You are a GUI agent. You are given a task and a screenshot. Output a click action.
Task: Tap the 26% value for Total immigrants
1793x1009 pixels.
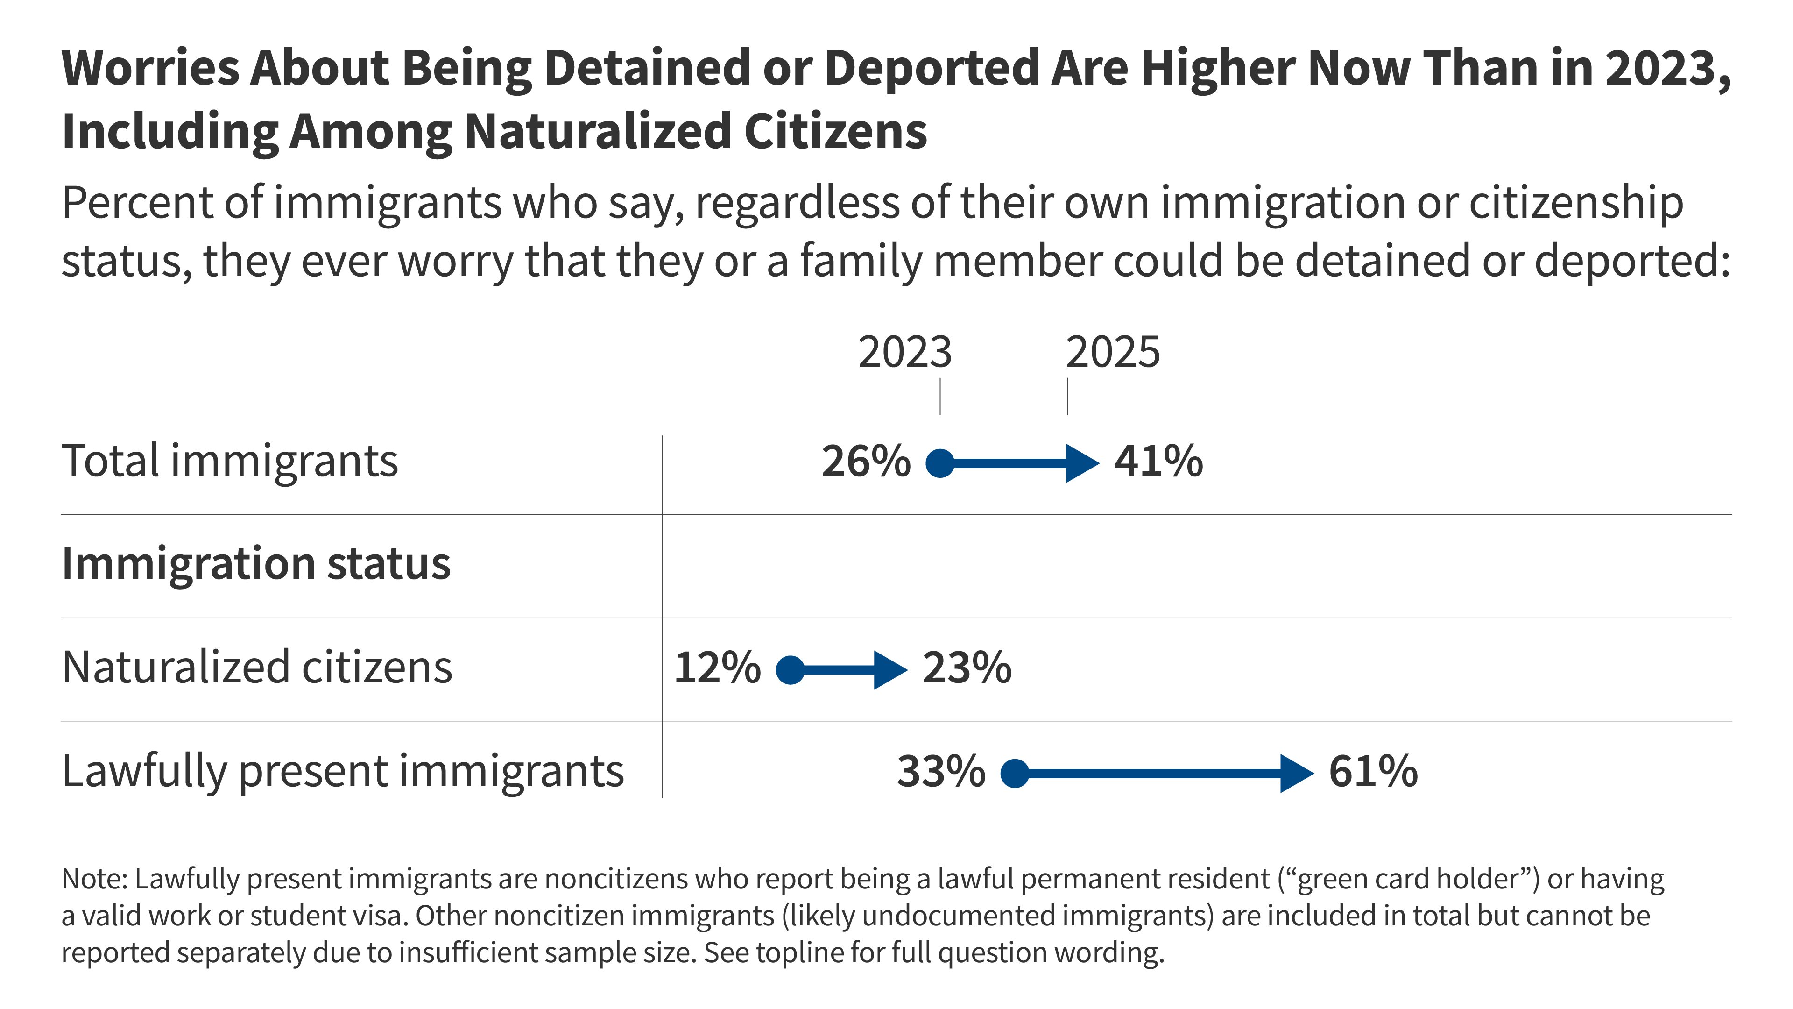(866, 462)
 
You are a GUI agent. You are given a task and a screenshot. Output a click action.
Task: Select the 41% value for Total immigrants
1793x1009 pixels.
(1158, 462)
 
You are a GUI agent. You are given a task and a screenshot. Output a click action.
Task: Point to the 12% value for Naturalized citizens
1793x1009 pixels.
(717, 668)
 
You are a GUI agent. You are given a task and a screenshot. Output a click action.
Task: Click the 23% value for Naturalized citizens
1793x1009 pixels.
(967, 668)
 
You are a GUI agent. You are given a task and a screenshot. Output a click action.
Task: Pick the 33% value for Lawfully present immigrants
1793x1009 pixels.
(941, 772)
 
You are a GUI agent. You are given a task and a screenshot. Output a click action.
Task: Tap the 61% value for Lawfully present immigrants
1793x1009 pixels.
(1373, 772)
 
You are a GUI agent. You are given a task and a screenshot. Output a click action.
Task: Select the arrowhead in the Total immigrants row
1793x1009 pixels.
(1081, 463)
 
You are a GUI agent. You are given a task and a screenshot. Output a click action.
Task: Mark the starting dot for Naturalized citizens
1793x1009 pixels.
(790, 670)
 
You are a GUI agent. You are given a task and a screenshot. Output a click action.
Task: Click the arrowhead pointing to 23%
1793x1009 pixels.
(889, 670)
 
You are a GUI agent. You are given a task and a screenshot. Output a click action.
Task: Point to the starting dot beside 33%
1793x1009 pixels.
(1015, 773)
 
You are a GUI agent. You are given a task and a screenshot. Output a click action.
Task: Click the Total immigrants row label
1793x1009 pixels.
(230, 462)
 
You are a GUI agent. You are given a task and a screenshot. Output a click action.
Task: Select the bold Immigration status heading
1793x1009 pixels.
(256, 563)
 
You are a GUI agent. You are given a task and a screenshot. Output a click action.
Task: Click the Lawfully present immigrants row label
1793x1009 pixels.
(342, 772)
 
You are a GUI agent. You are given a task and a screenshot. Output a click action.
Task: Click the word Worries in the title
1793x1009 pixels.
(149, 68)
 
